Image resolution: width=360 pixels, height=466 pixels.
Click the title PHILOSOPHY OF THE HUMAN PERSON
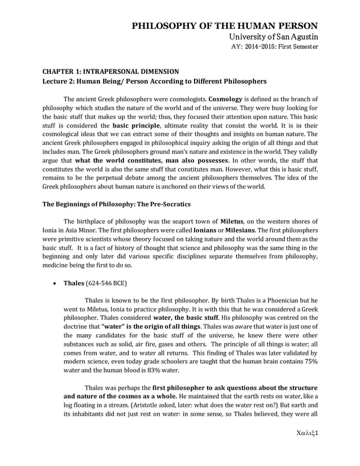(225, 26)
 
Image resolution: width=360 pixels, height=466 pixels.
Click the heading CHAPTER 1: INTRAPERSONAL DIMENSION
(111, 71)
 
